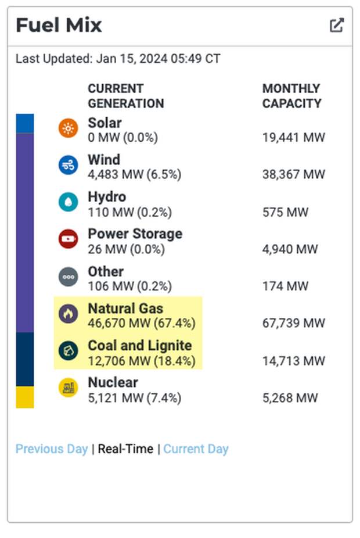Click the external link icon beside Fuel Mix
(337, 26)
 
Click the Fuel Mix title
(59, 26)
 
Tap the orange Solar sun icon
(69, 128)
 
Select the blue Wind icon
(69, 166)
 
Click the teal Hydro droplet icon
(69, 202)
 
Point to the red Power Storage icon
(69, 239)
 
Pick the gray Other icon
(69, 277)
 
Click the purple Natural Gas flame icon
(69, 314)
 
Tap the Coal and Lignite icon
(69, 351)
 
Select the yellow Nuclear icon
(69, 388)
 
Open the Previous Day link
(52, 449)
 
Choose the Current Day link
(196, 449)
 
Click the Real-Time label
(125, 449)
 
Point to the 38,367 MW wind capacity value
(293, 174)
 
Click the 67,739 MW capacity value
(293, 323)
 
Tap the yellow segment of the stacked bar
(25, 397)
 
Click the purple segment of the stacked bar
(25, 232)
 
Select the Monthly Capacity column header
(291, 96)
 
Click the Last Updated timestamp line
(118, 59)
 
